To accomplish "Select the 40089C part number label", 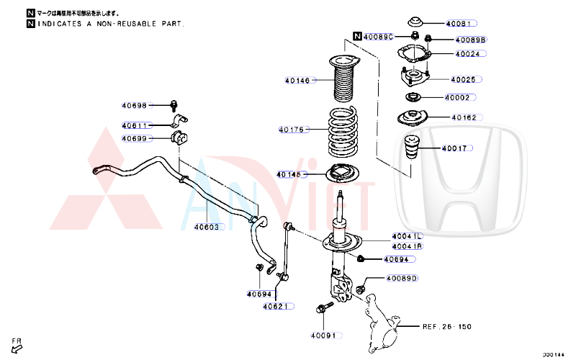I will (378, 36).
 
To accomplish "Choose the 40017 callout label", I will (454, 148).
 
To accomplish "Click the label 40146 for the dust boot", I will (297, 81).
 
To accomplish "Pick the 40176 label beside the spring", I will (294, 130).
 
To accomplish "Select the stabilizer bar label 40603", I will (209, 226).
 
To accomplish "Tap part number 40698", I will (135, 106).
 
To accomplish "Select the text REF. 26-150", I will (446, 326).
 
